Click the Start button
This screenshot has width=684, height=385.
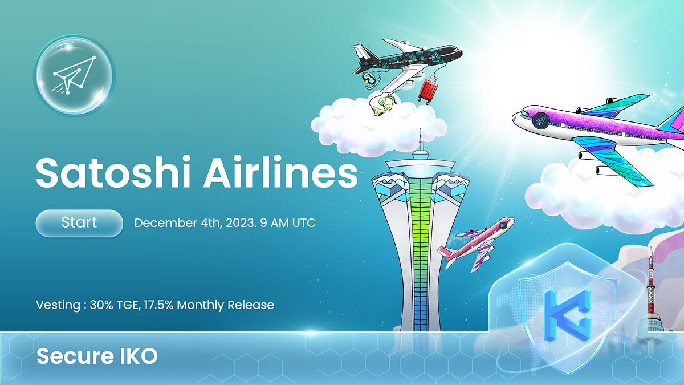click(79, 222)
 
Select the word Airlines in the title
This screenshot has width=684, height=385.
click(279, 172)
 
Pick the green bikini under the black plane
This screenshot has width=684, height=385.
click(383, 105)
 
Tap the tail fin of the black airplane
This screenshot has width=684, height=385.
click(363, 54)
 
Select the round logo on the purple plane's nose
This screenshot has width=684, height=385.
click(540, 121)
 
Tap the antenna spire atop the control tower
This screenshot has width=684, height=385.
click(421, 143)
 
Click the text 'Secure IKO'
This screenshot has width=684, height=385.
click(97, 357)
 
